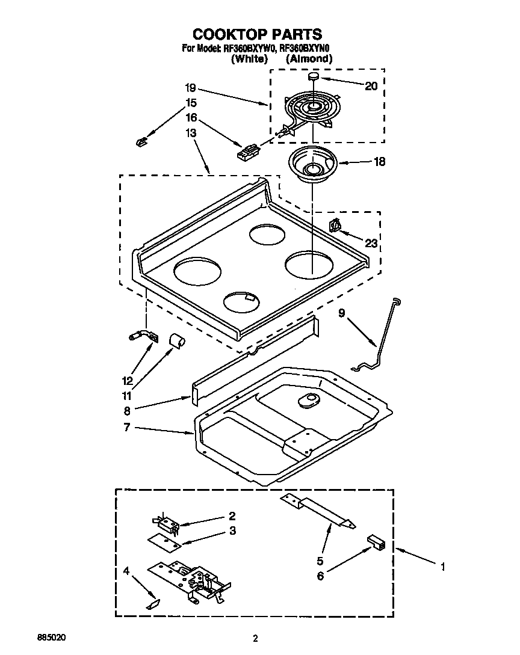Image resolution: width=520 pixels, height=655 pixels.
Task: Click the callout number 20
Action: click(371, 86)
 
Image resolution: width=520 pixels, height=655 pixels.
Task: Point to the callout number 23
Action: click(371, 243)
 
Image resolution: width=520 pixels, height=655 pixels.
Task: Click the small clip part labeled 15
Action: click(141, 141)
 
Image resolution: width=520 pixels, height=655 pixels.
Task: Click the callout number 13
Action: click(191, 133)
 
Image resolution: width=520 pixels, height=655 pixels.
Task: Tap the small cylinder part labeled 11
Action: click(176, 340)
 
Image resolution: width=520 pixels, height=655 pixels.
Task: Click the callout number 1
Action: click(443, 567)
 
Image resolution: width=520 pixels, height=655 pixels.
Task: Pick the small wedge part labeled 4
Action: click(153, 603)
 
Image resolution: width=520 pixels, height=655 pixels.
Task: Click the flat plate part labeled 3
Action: click(164, 543)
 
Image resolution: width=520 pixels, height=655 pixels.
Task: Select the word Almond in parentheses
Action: click(309, 58)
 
